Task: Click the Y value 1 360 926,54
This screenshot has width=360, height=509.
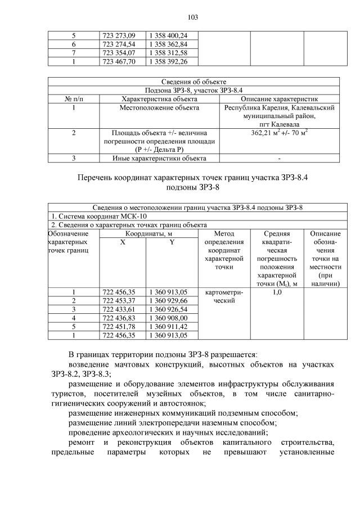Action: point(168,309)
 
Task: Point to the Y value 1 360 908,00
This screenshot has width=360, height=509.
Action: point(168,318)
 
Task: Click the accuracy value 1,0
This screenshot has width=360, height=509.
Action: point(276,292)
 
